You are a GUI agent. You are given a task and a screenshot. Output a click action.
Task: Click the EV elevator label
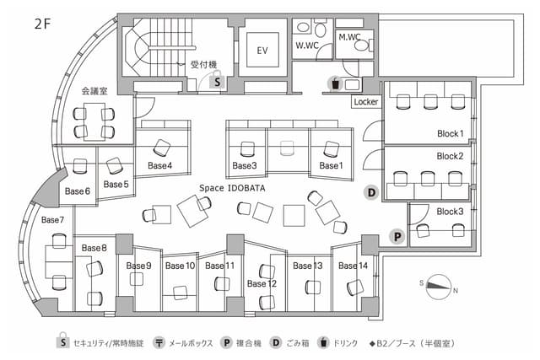pos(262,50)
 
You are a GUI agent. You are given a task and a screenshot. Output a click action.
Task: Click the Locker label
pos(365,101)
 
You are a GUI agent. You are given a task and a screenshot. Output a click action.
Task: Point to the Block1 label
pos(450,133)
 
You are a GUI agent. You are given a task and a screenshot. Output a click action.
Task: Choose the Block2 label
pos(450,156)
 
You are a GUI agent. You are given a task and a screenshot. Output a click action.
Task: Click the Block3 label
pos(450,211)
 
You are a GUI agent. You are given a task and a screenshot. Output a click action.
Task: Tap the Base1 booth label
pos(331,165)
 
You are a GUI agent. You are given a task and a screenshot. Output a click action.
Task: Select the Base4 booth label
pos(159,165)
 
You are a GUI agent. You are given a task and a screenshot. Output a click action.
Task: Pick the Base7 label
pos(52,220)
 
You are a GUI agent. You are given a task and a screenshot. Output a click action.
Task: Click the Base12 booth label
pos(261,283)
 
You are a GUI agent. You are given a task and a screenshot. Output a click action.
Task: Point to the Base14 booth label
pos(353,266)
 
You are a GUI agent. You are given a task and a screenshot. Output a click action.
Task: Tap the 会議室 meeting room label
pos(94,90)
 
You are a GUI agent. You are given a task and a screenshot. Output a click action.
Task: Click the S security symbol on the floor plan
pos(217,82)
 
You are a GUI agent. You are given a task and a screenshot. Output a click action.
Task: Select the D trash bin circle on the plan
pos(370,192)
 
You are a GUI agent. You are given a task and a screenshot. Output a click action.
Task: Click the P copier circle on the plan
pos(395,236)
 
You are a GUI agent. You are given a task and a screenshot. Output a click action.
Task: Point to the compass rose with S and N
pos(438,284)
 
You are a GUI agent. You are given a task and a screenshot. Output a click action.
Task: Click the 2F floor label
pos(43,24)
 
